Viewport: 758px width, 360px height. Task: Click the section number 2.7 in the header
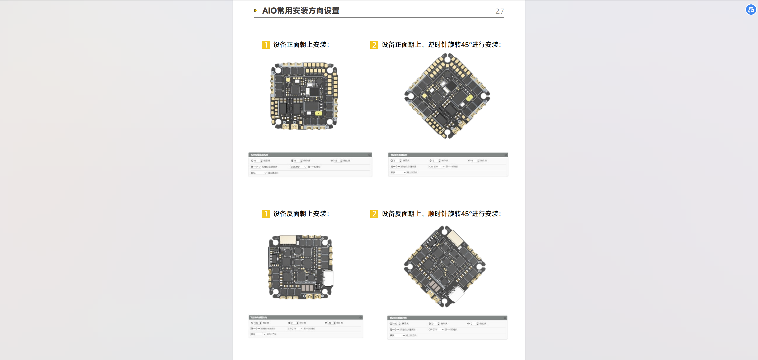(x=499, y=11)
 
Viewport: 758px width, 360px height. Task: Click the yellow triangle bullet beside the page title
(x=256, y=11)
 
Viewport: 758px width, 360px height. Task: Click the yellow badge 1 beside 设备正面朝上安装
(x=266, y=45)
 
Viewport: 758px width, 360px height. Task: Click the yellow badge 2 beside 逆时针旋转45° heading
(x=374, y=45)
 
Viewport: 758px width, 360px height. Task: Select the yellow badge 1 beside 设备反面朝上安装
(x=266, y=214)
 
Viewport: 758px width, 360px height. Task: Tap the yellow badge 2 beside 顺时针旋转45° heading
(x=374, y=214)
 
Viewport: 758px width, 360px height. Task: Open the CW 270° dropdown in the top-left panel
(x=298, y=167)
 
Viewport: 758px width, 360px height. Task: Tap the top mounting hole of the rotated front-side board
(x=447, y=59)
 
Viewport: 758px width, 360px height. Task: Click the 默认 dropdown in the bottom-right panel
(x=397, y=335)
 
